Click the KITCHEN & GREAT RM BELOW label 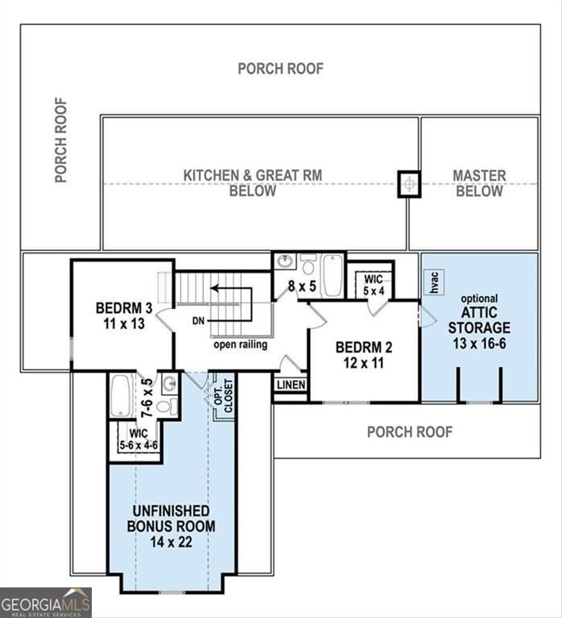point(229,183)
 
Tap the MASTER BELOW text point(479,183)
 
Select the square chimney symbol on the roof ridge point(410,183)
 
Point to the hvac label point(434,282)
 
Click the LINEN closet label point(291,385)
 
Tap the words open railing point(240,345)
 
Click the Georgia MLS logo point(46,602)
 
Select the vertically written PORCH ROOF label point(61,140)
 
